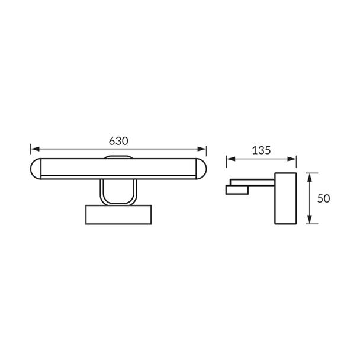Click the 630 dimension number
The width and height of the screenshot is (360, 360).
118,141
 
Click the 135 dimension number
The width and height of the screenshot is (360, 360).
262,150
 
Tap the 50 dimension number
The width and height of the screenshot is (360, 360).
323,198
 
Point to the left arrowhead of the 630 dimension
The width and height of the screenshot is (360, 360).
35,149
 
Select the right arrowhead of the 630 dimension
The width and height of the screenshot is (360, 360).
202,149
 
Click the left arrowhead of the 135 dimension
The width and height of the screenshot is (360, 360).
231,159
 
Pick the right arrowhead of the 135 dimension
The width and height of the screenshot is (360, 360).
292,159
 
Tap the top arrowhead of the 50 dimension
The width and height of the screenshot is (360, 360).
310,178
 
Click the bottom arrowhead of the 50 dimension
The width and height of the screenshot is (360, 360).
310,219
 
